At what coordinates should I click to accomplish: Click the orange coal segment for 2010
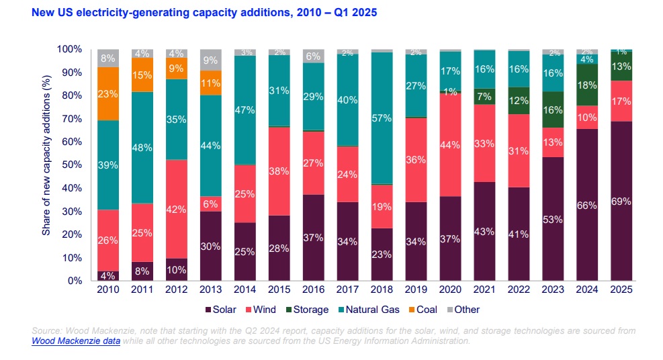(108, 93)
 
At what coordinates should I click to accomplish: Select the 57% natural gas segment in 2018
(382, 118)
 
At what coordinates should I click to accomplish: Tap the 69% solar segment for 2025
(621, 201)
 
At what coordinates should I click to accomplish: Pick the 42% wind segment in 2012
(177, 208)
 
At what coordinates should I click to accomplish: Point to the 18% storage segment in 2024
(586, 85)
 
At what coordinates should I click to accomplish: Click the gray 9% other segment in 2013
(211, 59)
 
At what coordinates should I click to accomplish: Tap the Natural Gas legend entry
(369, 310)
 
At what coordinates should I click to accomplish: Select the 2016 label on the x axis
(313, 289)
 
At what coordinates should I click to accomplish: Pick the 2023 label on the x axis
(552, 289)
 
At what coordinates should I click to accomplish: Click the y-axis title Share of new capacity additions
(46, 165)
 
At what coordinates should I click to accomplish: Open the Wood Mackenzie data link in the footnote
(76, 341)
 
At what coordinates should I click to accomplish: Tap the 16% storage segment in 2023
(552, 109)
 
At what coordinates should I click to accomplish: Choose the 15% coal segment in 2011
(142, 75)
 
